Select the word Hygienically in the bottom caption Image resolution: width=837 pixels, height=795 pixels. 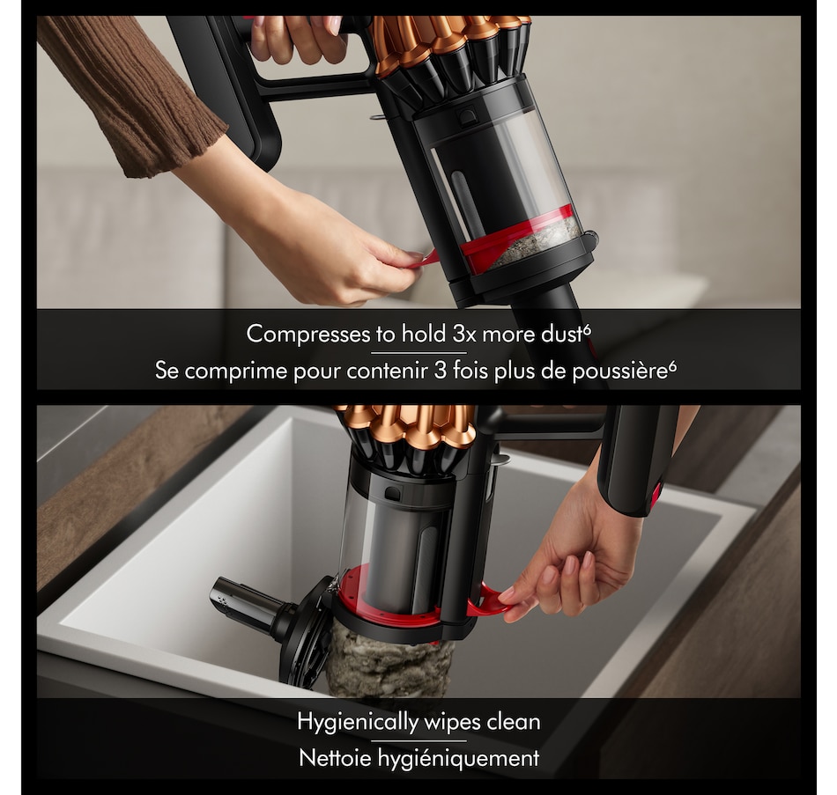(358, 723)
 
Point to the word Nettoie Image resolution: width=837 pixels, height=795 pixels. (335, 758)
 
